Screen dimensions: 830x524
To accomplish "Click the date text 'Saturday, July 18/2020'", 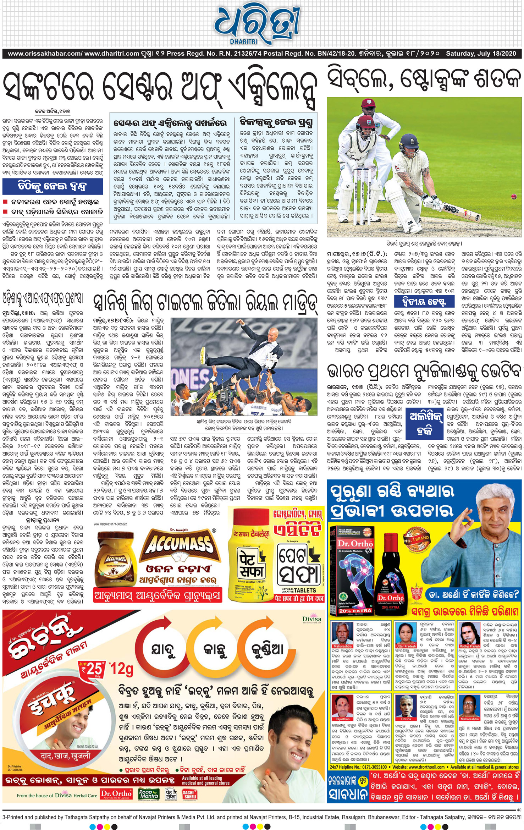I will [481, 54].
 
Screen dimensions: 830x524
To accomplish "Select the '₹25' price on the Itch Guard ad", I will [93, 669].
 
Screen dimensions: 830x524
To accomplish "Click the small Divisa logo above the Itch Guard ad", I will [312, 619].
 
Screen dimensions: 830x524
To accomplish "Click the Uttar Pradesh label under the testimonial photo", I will [406, 646].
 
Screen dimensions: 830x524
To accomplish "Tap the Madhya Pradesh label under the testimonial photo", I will [469, 646].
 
